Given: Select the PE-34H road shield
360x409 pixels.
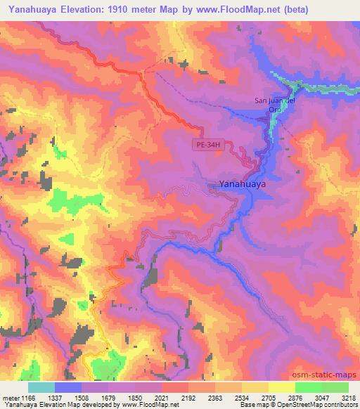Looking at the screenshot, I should point(209,143).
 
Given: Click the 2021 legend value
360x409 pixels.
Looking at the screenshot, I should point(161,397).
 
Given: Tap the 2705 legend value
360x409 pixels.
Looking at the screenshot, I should point(268,397).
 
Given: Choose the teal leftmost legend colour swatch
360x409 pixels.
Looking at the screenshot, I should point(41,387).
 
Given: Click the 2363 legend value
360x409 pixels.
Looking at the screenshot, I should point(214,397).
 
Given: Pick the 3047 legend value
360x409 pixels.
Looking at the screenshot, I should point(321,397).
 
